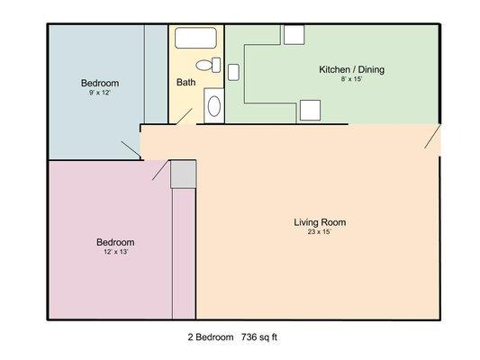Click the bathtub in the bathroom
tap(196, 38)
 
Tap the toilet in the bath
tap(208, 65)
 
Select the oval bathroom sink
tap(214, 106)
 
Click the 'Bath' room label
tap(186, 82)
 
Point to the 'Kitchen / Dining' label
tap(352, 69)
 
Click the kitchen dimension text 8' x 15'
tap(352, 79)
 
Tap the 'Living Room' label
tap(320, 222)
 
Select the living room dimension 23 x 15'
tap(320, 232)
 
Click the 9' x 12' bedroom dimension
tap(99, 93)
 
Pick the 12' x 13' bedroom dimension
tap(115, 252)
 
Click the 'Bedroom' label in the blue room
tap(100, 83)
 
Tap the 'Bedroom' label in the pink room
tap(115, 242)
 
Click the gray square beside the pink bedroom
tap(183, 175)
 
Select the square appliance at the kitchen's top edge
tap(294, 34)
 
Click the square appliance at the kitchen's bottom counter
tap(310, 110)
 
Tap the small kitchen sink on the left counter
tap(233, 72)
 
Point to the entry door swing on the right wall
tap(432, 136)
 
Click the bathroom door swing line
tap(184, 116)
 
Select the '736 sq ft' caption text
tap(259, 337)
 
